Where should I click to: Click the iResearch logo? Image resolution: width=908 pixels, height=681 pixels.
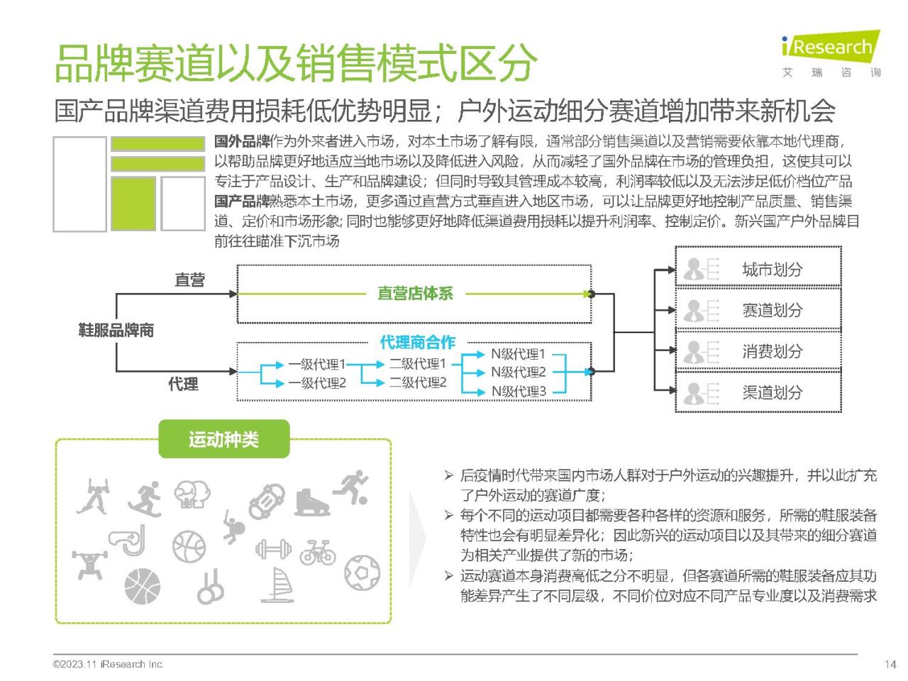831,54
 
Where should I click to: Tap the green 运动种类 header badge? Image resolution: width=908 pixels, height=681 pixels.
223,438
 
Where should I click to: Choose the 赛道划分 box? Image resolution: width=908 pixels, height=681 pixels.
758,309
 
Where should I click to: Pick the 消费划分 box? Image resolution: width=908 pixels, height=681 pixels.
758,350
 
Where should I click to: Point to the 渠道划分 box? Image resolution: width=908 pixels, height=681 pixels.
758,392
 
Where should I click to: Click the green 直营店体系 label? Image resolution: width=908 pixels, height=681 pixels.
415,293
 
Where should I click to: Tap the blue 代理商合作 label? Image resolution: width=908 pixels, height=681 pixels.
417,342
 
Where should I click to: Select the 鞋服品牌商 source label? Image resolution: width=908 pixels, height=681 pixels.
116,330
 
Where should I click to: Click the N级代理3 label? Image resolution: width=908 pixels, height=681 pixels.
519,391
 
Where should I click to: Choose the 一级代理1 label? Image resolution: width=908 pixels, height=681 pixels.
317,365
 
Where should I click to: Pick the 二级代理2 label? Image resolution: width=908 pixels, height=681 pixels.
418,382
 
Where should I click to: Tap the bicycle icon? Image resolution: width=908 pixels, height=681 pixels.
318,552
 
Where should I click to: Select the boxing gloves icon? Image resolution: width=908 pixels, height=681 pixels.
192,494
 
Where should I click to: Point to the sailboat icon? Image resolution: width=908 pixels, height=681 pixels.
277,585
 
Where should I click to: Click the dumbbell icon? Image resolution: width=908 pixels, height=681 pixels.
273,549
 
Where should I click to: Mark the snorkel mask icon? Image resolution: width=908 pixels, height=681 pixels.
128,540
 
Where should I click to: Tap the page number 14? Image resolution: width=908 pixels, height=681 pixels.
890,665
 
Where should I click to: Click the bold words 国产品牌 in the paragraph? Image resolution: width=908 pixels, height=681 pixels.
242,201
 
